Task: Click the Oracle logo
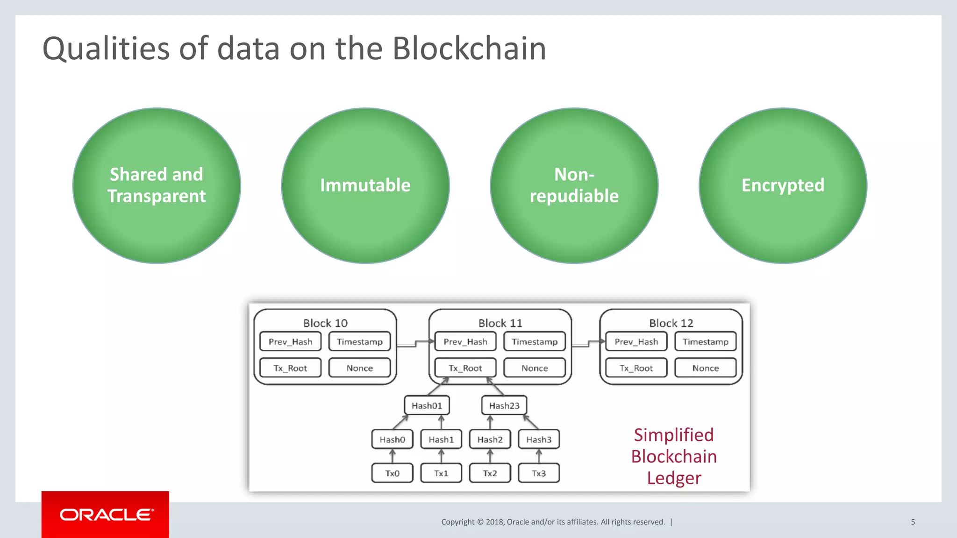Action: tap(106, 515)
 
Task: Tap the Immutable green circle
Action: tap(365, 185)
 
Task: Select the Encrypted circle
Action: tap(783, 185)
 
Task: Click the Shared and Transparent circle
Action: tap(157, 185)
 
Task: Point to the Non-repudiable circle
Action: tap(574, 185)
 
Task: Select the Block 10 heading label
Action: tap(325, 323)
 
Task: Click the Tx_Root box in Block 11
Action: tap(465, 368)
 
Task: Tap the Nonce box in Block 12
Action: tap(705, 368)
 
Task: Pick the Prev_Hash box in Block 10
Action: tap(290, 342)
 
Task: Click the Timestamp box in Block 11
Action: tap(535, 342)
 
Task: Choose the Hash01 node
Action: tap(427, 406)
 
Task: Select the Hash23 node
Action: tap(504, 406)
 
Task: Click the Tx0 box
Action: tap(392, 473)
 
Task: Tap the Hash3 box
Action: tap(538, 439)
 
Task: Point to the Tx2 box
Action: tap(490, 473)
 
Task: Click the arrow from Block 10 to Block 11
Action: tap(413, 344)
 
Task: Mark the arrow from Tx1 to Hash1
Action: tap(441, 456)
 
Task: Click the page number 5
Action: tap(913, 522)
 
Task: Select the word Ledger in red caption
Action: tap(674, 478)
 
